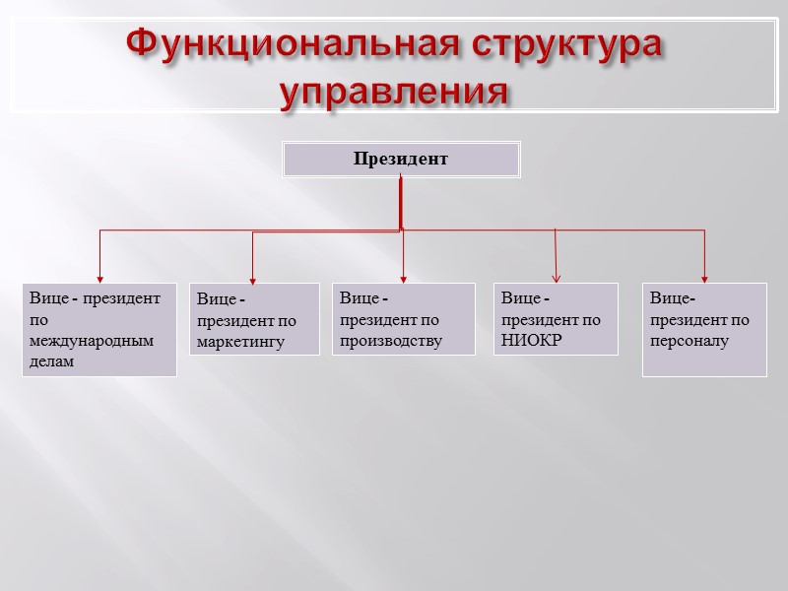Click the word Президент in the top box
pos(401,159)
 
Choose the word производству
pos(391,341)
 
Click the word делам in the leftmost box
pos(51,362)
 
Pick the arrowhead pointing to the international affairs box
pos(99,277)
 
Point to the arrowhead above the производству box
pos(404,278)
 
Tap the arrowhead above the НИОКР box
pos(557,278)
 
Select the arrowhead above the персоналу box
pos(705,277)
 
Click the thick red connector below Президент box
pos(400,202)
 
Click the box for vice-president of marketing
pos(254,319)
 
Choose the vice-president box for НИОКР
pos(556,319)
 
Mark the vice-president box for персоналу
pos(704,330)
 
